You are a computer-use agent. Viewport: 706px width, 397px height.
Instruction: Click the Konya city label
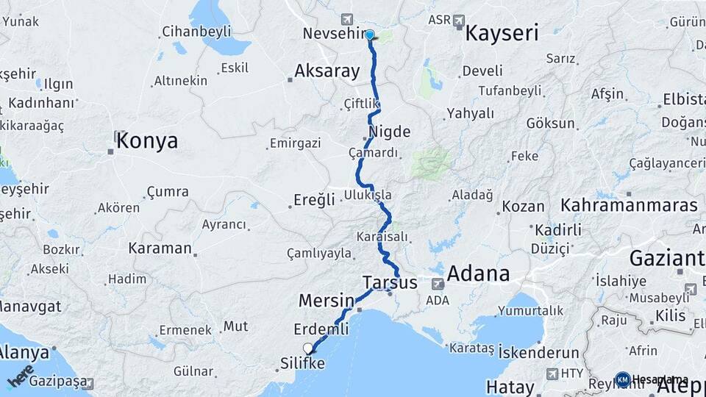point(146,140)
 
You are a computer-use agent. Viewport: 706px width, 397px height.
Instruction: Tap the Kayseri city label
point(502,33)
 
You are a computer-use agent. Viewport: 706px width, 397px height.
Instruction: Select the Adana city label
point(478,273)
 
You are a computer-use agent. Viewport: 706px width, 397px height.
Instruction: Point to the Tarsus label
point(390,282)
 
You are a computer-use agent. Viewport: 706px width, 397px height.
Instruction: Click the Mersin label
point(327,300)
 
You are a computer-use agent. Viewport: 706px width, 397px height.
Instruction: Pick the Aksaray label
point(327,71)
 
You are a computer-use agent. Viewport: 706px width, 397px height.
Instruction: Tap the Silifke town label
point(302,364)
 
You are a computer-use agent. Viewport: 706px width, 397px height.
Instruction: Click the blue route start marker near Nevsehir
point(369,35)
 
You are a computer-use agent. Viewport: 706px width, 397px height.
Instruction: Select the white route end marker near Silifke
point(308,348)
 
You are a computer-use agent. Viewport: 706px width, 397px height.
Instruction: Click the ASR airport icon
point(460,20)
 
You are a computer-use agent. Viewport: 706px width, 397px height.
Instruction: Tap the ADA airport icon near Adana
point(438,285)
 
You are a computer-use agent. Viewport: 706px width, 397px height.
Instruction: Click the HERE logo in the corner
point(21,376)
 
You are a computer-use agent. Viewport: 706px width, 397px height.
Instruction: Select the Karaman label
point(160,248)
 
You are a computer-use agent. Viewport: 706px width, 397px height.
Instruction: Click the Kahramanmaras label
point(629,205)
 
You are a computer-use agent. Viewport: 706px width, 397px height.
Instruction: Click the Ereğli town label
point(314,200)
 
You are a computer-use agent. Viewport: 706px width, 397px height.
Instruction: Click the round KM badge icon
point(623,379)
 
